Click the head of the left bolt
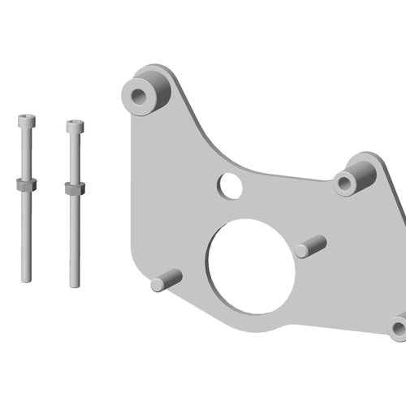point(26,122)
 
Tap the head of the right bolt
point(75,127)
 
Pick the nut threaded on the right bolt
point(75,188)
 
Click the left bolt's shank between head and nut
point(26,154)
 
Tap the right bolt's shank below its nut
point(75,240)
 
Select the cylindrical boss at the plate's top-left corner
point(148,91)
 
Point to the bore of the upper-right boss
point(347,182)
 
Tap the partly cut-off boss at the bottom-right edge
point(398,327)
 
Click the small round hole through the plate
point(230,186)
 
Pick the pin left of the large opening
point(166,281)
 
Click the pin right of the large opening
point(310,246)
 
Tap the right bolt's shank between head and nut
point(75,158)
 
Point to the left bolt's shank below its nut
point(26,235)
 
